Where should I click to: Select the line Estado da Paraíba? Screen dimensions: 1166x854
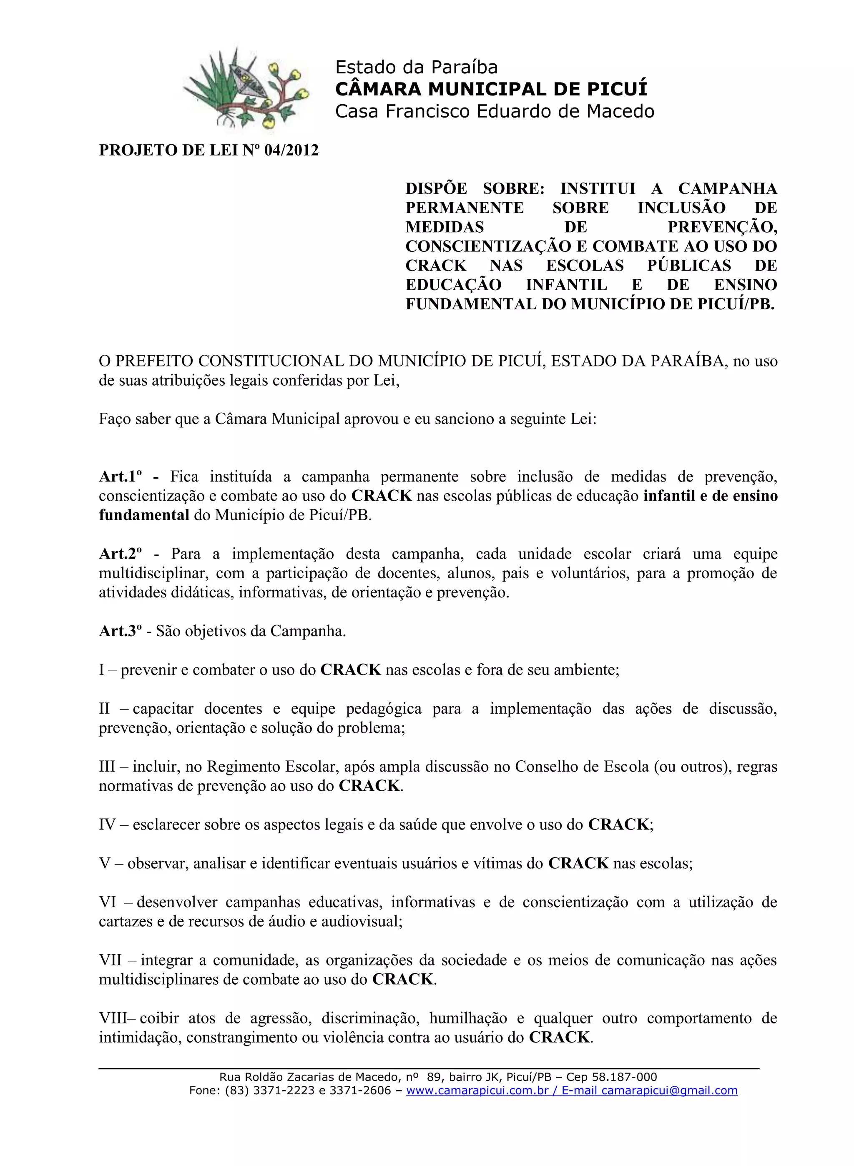click(416, 67)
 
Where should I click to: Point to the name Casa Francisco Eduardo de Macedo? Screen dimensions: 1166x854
click(494, 111)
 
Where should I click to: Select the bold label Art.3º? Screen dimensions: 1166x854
click(120, 631)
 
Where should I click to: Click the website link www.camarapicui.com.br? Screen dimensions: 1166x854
click(477, 1091)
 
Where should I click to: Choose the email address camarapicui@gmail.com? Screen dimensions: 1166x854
click(669, 1091)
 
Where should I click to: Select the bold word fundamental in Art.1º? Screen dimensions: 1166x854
click(144, 515)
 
